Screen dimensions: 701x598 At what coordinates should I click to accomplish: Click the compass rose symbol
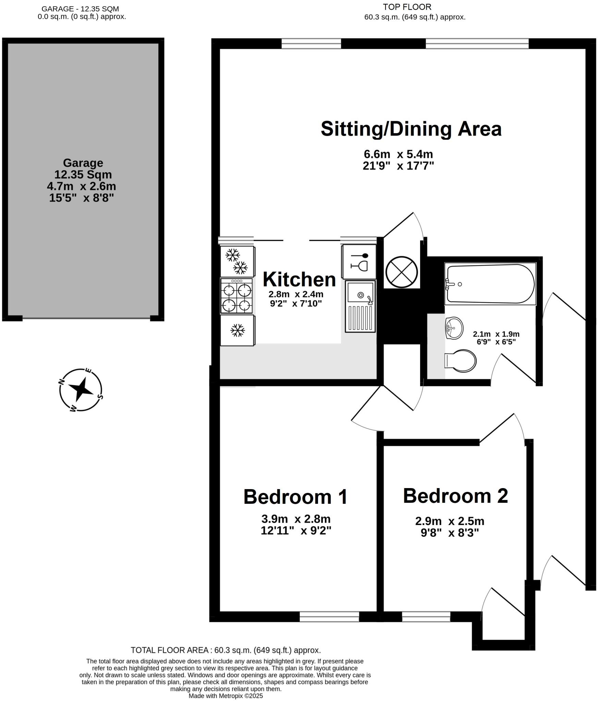[81, 390]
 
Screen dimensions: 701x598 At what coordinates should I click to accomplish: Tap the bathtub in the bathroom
[490, 284]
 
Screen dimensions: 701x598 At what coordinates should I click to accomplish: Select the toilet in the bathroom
[461, 361]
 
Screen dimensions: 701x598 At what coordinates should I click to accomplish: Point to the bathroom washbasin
[454, 328]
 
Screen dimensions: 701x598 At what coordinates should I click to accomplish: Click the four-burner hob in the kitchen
[236, 296]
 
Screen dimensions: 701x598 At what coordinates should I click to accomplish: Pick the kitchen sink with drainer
[360, 306]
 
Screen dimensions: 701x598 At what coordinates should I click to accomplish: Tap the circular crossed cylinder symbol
[401, 272]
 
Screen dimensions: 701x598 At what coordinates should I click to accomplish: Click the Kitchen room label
[299, 280]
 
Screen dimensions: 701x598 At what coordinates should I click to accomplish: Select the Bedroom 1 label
[295, 497]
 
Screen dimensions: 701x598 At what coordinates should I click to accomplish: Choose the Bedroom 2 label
[455, 496]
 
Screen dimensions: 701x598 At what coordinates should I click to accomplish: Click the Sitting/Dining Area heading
[411, 129]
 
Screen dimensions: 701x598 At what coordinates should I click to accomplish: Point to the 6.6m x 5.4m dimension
[398, 154]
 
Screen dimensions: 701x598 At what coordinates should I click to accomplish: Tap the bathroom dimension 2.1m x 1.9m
[496, 334]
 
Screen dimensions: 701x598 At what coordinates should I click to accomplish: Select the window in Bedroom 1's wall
[329, 616]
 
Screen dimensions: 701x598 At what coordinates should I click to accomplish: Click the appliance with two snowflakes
[237, 261]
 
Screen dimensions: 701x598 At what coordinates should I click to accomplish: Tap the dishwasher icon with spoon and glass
[359, 262]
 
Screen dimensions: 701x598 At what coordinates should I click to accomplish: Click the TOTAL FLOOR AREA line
[225, 650]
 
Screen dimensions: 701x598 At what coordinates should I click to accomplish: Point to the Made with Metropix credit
[225, 696]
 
